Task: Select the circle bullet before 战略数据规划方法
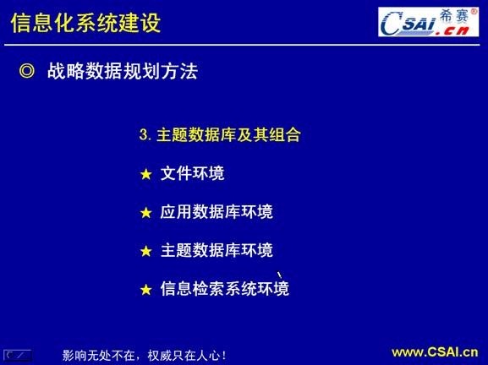pyautogui.click(x=27, y=72)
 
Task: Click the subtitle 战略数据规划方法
pyautogui.click(x=129, y=72)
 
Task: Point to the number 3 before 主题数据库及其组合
pyautogui.click(x=144, y=134)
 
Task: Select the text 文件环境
pyautogui.click(x=192, y=173)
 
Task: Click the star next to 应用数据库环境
pyautogui.click(x=145, y=212)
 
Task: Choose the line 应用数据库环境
pyautogui.click(x=217, y=211)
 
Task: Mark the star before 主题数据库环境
pyautogui.click(x=145, y=251)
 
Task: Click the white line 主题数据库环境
pyautogui.click(x=217, y=250)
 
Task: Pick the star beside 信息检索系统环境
pyautogui.click(x=145, y=290)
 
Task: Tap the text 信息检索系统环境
pyautogui.click(x=225, y=289)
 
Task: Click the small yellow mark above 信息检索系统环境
pyautogui.click(x=278, y=271)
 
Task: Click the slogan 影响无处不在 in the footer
pyautogui.click(x=101, y=355)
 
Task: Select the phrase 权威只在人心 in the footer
pyautogui.click(x=186, y=355)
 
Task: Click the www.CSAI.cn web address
pyautogui.click(x=434, y=352)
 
